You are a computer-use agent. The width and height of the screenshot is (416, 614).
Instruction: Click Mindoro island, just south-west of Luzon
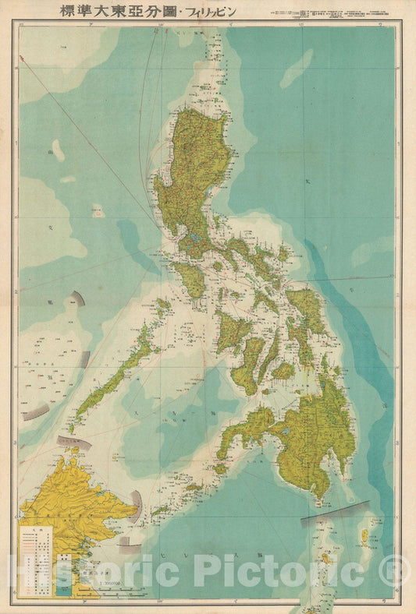pos(188,278)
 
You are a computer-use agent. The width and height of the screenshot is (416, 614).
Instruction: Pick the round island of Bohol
pos(283,371)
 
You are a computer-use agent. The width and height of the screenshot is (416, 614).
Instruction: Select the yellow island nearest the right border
pos(364,538)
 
